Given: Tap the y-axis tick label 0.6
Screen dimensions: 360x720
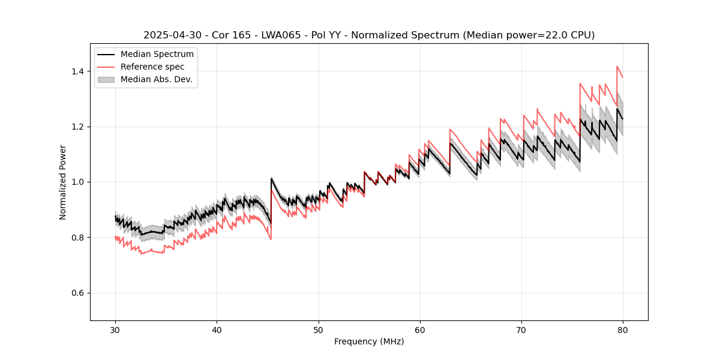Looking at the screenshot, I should coord(78,293).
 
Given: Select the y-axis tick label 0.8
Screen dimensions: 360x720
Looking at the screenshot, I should coord(78,238).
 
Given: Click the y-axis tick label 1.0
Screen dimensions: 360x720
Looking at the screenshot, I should coord(78,182).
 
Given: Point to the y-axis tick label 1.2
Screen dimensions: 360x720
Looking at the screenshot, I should coord(78,127).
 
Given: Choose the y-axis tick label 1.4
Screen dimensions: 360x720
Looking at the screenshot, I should coord(78,71).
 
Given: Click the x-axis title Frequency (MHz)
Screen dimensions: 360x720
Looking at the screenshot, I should coord(369,341).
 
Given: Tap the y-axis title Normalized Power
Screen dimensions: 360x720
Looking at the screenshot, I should coord(63,182).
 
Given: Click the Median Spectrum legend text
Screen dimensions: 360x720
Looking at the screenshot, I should coord(157,55).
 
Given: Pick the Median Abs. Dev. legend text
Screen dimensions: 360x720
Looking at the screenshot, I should coord(157,79).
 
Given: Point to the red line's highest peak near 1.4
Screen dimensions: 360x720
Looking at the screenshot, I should coord(617,67).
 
